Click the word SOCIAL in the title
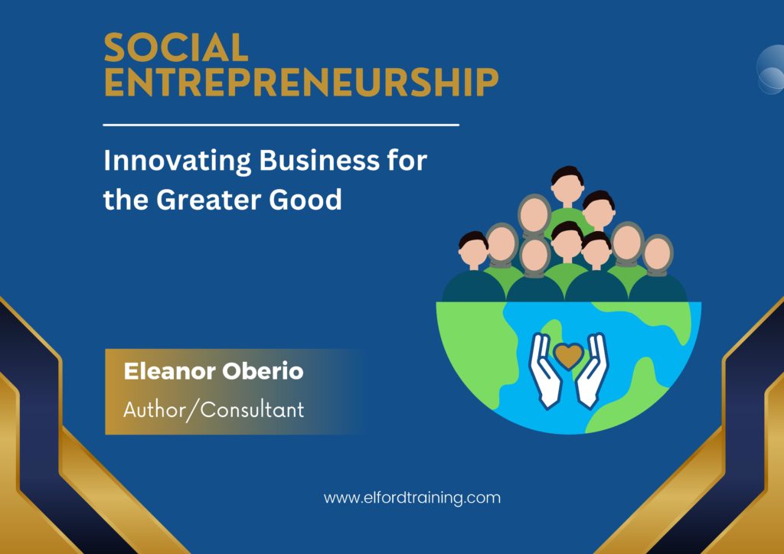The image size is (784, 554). pos(176,47)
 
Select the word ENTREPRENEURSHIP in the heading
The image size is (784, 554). pos(301,81)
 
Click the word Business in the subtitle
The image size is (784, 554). pos(319,161)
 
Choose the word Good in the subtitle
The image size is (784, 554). pos(305,200)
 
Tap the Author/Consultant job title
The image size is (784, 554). pos(214,410)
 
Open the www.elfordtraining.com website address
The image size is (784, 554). pos(412,498)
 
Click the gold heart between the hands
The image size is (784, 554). pos(569,355)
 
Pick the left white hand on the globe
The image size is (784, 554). pos(545,370)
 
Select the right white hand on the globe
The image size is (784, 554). pos(592,370)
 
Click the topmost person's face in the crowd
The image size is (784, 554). pos(567,187)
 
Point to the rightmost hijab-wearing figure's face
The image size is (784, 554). pos(657,254)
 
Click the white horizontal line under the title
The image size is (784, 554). pos(281,125)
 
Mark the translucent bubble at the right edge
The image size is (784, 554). pos(770,69)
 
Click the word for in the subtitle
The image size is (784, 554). pos(407,161)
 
